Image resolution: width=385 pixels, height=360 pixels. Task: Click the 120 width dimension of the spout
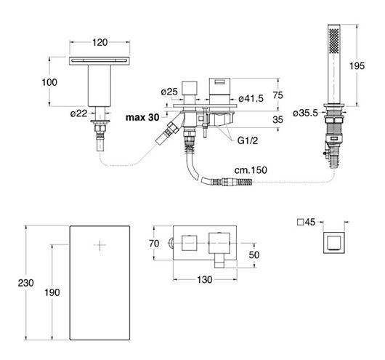[x=100, y=42]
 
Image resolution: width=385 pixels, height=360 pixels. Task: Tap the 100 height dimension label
[x=49, y=82]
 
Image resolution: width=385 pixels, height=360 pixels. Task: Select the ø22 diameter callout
[x=79, y=113]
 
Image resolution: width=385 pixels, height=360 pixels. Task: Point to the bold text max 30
[x=142, y=117]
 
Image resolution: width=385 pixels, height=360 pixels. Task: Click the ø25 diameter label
[x=169, y=92]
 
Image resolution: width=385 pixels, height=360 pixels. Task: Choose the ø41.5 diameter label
[x=251, y=99]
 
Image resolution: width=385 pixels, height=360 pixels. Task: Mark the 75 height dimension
[x=277, y=95]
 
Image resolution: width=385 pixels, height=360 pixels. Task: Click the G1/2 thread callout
[x=248, y=140]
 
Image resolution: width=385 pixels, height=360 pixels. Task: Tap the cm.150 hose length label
[x=251, y=170]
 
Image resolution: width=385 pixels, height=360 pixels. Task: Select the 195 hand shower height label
[x=357, y=66]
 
